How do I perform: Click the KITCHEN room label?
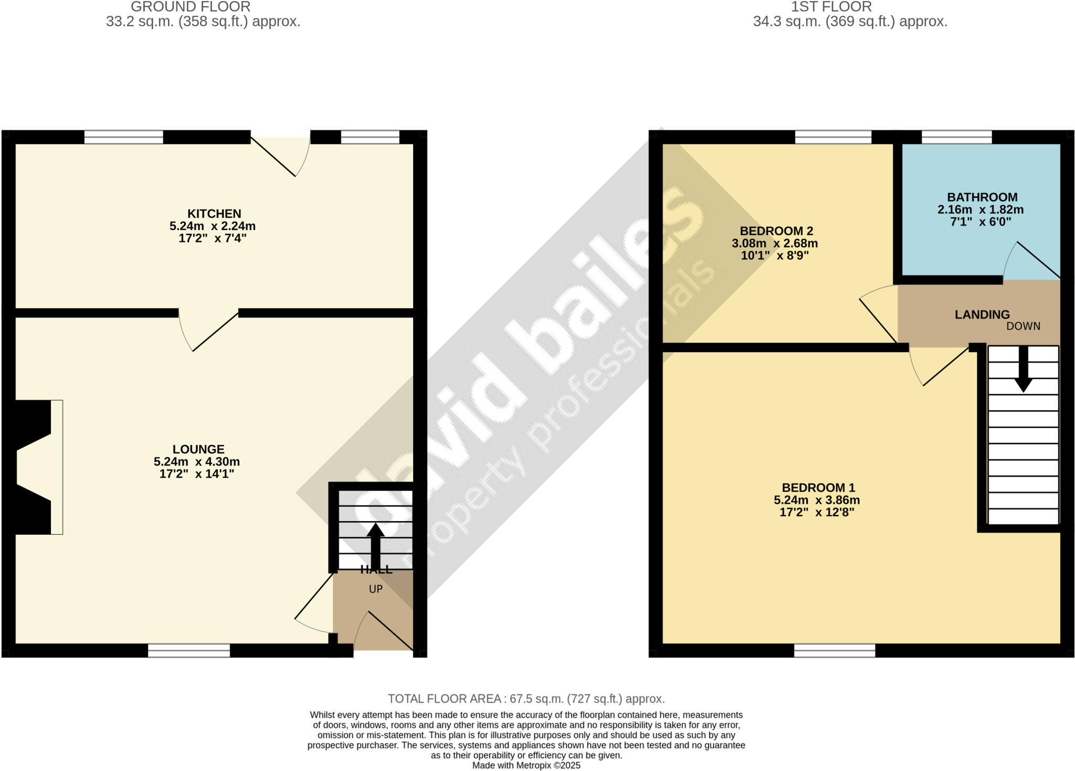214,214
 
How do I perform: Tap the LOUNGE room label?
198,449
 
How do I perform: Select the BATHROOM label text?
982,197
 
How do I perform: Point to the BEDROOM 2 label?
776,231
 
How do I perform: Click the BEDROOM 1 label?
817,488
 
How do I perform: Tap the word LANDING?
982,314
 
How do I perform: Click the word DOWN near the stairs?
1023,326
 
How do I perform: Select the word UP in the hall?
375,589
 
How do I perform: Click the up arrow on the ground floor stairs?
375,543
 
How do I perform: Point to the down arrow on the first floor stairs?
1023,370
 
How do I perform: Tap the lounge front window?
189,651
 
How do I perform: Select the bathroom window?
956,137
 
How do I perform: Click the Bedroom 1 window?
835,651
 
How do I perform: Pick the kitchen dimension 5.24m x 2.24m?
213,226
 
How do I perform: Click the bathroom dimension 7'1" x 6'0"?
981,222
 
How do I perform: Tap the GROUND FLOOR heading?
191,7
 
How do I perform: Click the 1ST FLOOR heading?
831,7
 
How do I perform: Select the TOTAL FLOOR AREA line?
526,699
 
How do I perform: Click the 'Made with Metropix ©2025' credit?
526,765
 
